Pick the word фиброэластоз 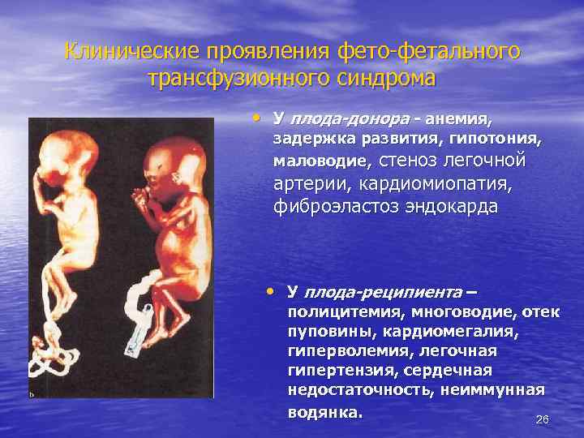click(x=333, y=207)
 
